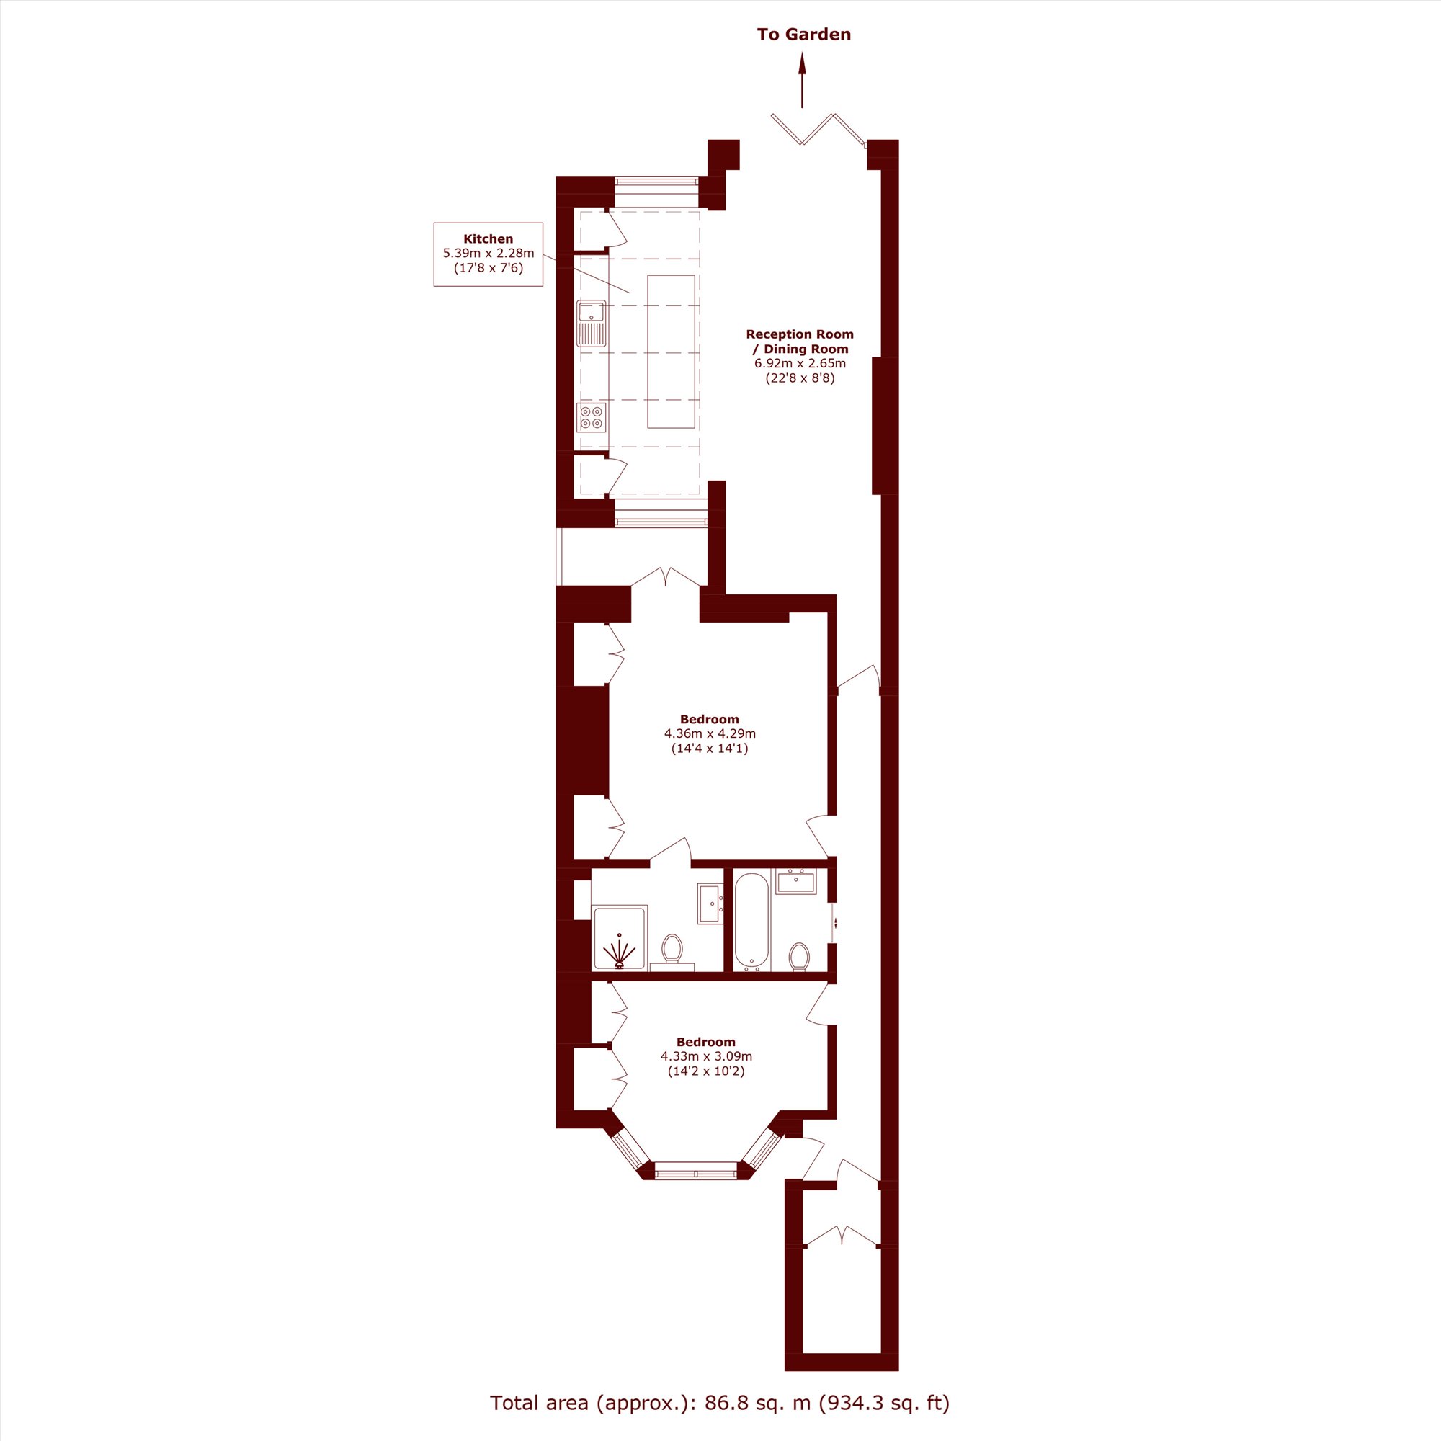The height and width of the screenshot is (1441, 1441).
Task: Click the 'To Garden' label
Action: tap(803, 35)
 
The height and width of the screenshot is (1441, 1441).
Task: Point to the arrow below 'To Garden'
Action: tap(803, 80)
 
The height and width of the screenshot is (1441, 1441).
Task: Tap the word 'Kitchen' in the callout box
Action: tap(488, 238)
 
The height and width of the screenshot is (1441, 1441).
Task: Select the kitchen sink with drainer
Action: tap(592, 324)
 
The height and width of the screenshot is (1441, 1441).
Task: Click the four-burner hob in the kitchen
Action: tap(592, 417)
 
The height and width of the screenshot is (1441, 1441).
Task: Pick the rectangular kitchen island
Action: tap(671, 352)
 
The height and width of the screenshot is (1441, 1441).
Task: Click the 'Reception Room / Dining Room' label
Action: tap(800, 342)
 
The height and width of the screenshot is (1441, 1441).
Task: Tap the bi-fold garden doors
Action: tap(818, 129)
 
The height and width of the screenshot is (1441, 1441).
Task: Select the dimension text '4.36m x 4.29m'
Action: tap(709, 734)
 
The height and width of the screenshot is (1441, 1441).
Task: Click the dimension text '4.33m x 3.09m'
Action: tap(705, 1056)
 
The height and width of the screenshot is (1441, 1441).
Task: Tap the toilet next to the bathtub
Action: tap(799, 957)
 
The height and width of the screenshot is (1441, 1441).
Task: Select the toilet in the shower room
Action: tap(672, 950)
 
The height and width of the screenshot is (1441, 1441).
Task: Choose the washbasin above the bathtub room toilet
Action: tap(797, 881)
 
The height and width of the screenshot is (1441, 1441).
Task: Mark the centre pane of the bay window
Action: tap(695, 1170)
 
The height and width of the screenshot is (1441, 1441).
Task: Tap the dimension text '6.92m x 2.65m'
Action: tap(800, 363)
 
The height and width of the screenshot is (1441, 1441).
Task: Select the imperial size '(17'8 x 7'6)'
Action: tap(488, 268)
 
